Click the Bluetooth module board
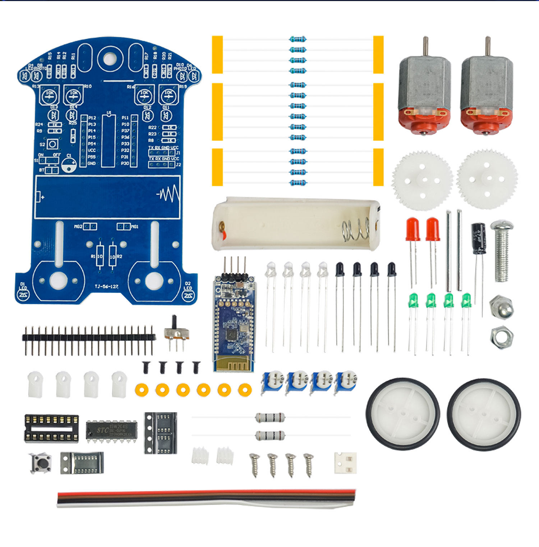pos(234,324)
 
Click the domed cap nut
pos(501,306)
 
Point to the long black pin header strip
pos(89,337)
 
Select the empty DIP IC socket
pos(51,428)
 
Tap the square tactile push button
pos(40,463)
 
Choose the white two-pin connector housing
pos(345,463)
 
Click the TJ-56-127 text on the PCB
pos(106,287)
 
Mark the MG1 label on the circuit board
pos(135,227)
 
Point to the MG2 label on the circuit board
pos(78,227)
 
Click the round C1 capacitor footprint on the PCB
pos(69,166)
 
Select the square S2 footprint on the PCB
pos(52,145)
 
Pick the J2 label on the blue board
pos(178,165)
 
